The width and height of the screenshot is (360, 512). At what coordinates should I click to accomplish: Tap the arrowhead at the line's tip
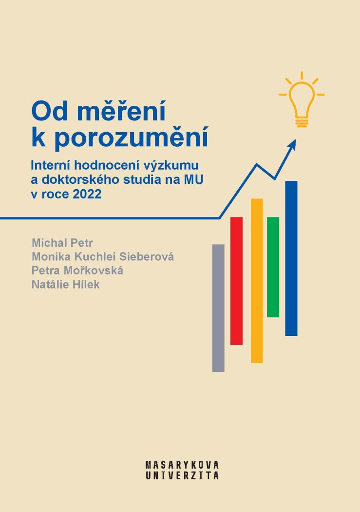tap(292, 145)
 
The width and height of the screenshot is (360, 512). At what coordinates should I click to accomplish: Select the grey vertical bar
tap(218, 308)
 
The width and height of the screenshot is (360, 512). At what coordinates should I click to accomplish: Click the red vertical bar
tap(236, 281)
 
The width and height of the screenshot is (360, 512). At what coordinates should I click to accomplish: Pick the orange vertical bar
tap(257, 280)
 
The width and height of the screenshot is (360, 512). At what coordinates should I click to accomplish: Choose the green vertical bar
tap(273, 267)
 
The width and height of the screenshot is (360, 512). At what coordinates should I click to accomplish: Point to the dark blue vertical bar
tap(291, 258)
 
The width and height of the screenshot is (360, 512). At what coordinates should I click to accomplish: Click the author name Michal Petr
tap(62, 243)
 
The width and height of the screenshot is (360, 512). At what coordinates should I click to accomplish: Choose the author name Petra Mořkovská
tap(77, 271)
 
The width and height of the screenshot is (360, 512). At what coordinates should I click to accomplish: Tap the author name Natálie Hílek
tap(66, 284)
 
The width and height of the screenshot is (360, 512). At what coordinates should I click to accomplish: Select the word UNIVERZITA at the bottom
tap(182, 475)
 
